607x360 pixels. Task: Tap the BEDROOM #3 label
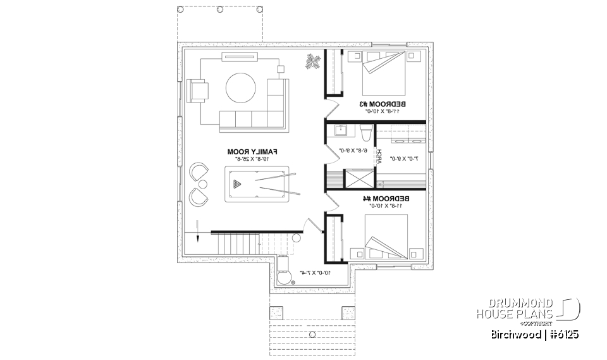coord(383,104)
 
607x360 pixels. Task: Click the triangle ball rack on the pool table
coord(236,184)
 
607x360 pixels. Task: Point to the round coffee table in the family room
coord(241,88)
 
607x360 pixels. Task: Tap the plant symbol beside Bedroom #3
coord(312,61)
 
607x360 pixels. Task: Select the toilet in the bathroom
coord(365,133)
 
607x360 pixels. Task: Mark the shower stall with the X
coord(357,179)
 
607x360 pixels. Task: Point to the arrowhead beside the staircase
coord(198,238)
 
